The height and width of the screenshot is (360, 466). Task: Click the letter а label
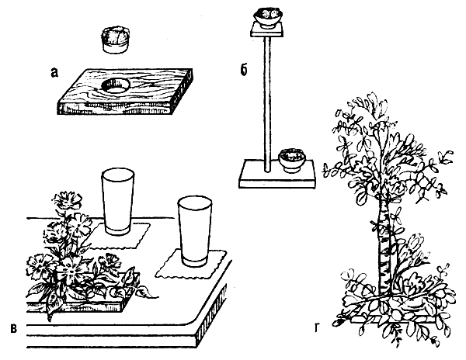coord(54,73)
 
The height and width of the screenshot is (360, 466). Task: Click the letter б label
coord(244,70)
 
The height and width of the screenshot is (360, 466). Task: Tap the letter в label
coord(14,329)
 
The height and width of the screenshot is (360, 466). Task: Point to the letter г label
coord(317,328)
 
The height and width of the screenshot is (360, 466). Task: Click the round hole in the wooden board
coord(116,86)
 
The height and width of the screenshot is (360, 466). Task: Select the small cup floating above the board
coord(115,40)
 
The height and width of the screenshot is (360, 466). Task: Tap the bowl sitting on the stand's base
coord(291,161)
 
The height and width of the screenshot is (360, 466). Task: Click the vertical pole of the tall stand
coord(267,104)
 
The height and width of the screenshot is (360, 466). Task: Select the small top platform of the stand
coord(267,29)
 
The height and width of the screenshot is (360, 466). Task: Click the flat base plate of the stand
coord(277,175)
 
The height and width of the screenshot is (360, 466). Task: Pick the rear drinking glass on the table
coord(118,202)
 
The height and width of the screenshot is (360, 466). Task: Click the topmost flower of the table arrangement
coord(67,199)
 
